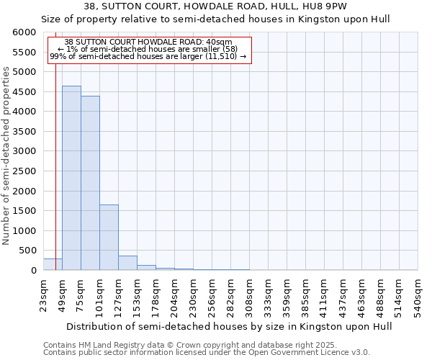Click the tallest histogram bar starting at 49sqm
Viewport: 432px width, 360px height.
pyautogui.click(x=71, y=178)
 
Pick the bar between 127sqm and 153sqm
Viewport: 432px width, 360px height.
pyautogui.click(x=127, y=263)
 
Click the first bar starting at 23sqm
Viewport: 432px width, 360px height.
pyautogui.click(x=53, y=264)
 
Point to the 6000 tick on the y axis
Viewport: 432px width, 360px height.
pyautogui.click(x=24, y=32)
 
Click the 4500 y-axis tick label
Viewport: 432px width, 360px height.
pyautogui.click(x=24, y=92)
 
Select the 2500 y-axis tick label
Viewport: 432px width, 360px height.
pyautogui.click(x=24, y=171)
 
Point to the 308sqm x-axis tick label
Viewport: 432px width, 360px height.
pyautogui.click(x=249, y=294)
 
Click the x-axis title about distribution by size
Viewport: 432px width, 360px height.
pyautogui.click(x=217, y=326)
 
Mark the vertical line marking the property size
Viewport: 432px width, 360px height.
pyautogui.click(x=55, y=144)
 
